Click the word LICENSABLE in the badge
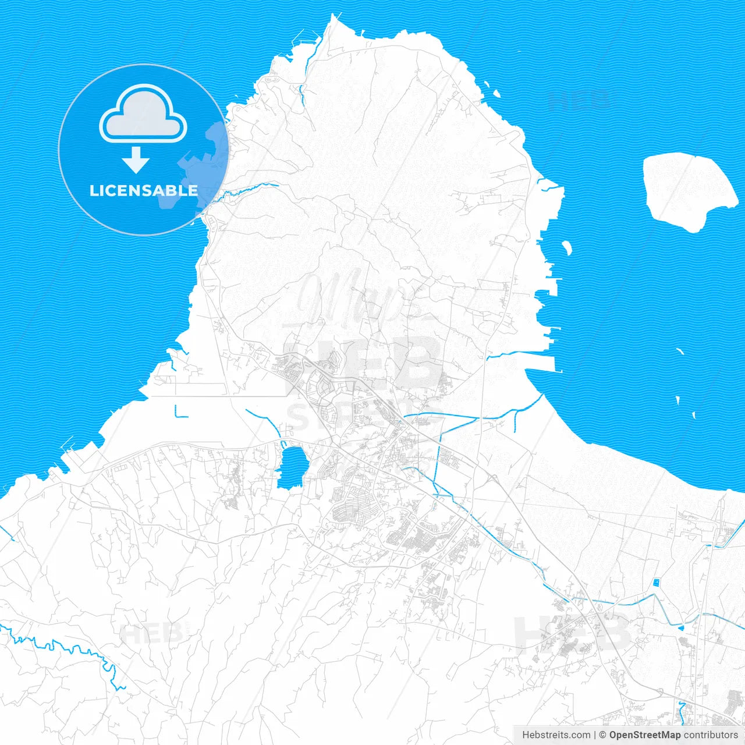tap(143, 190)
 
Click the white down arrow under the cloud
tap(136, 160)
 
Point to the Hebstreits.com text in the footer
tap(556, 735)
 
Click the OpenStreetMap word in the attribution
tap(645, 735)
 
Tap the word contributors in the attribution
tap(711, 735)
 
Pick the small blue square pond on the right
tap(657, 582)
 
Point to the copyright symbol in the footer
tap(603, 735)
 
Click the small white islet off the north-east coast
tap(496, 93)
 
